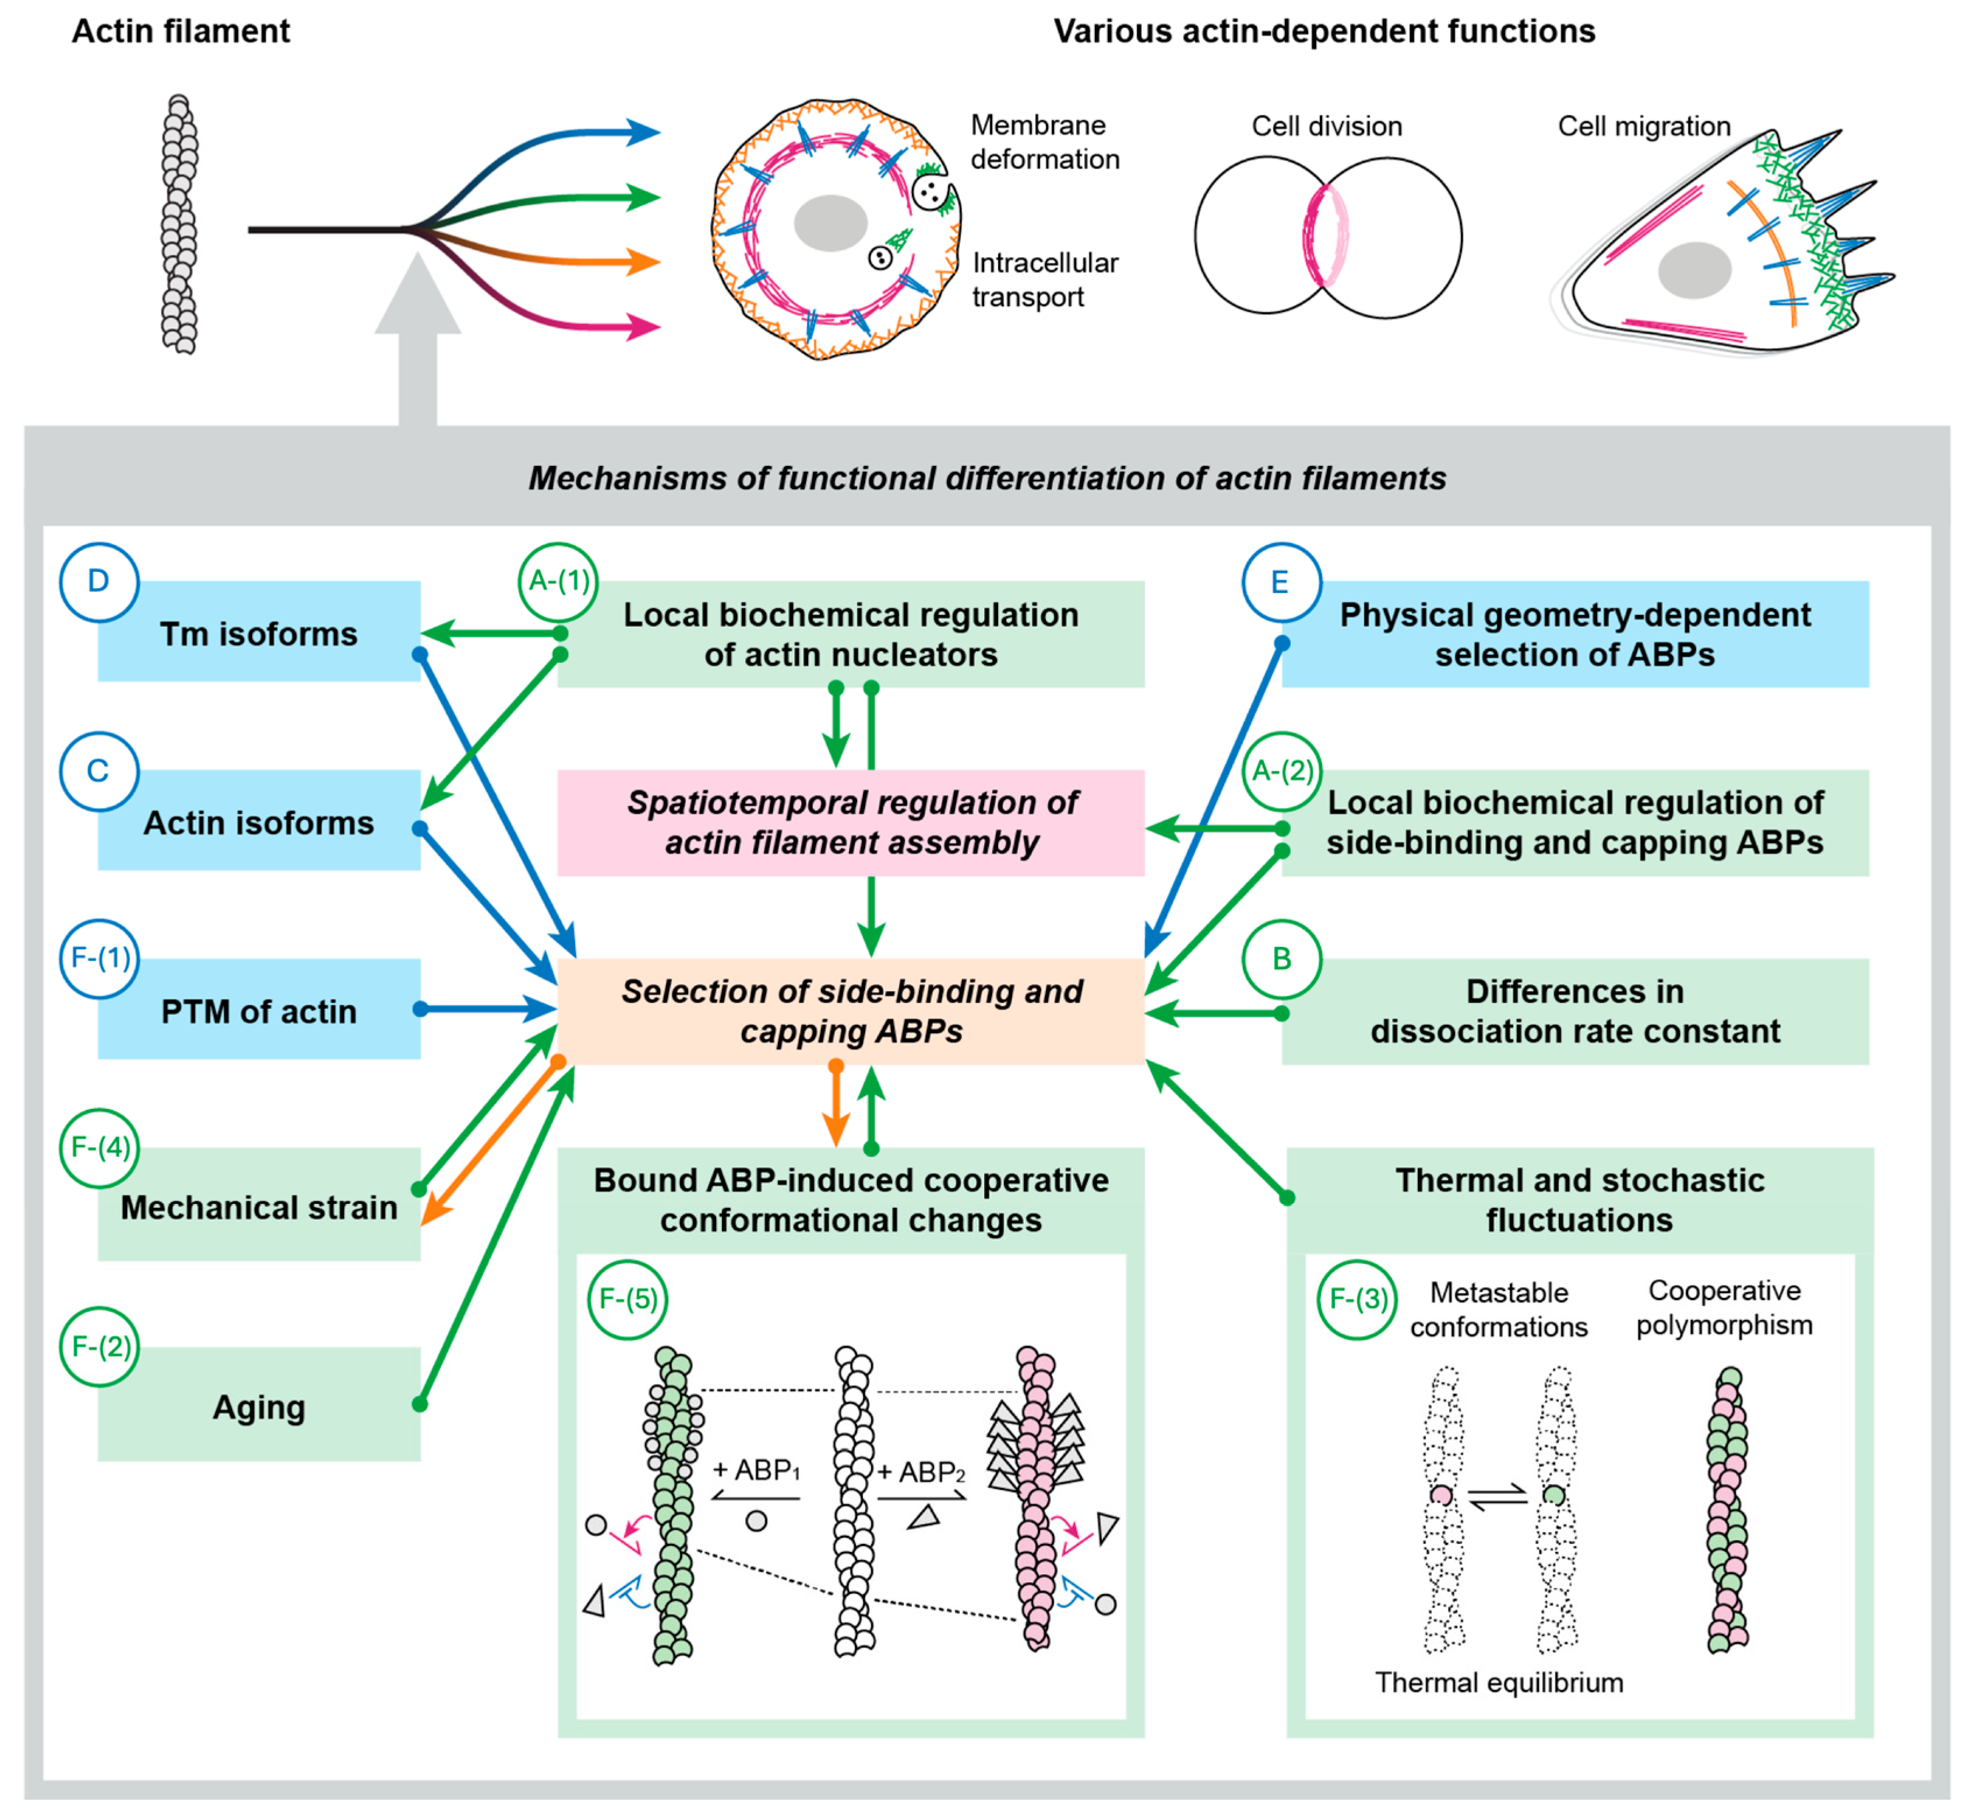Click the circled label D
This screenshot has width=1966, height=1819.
98,582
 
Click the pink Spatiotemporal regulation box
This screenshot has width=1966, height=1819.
851,822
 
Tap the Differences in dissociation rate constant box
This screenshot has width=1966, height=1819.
1574,1011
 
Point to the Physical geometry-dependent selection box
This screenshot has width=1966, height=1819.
1574,633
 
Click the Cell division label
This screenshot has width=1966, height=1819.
1326,126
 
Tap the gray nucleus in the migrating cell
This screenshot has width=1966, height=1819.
1694,270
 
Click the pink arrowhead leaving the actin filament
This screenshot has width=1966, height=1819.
644,327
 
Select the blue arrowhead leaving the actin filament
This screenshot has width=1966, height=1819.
644,131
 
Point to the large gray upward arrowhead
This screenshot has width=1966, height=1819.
417,295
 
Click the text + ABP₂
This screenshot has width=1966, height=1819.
920,1472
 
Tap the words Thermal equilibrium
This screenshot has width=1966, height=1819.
1499,1682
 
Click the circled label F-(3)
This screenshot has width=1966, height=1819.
1358,1300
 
